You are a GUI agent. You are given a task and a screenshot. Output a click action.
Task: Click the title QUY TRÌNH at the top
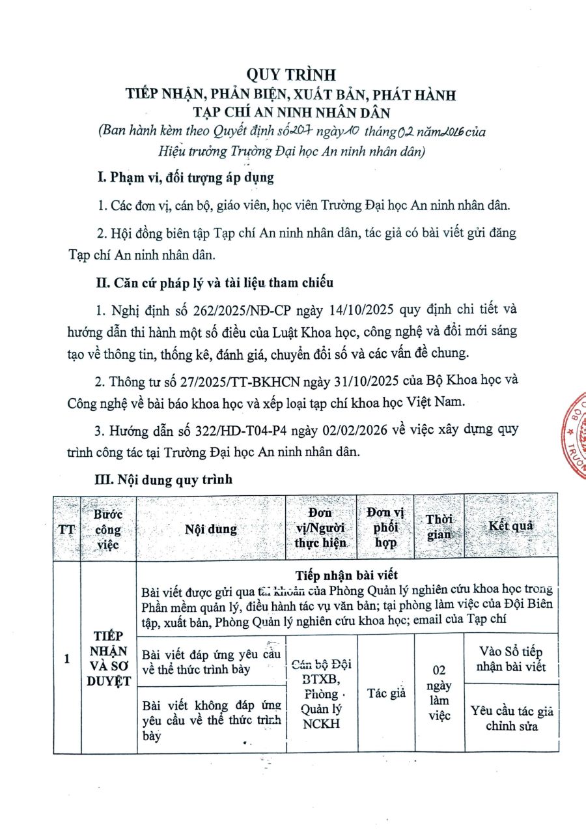point(292,74)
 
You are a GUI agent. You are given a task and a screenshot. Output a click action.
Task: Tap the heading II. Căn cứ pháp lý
point(214,283)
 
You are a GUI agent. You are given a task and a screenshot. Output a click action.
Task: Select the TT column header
point(66,529)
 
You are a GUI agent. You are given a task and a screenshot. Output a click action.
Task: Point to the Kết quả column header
point(511,526)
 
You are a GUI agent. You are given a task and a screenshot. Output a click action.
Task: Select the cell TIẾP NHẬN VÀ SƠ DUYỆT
point(108,658)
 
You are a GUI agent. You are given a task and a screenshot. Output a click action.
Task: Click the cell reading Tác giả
point(386,693)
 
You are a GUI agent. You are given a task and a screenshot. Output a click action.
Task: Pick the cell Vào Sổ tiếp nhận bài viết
point(511,659)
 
